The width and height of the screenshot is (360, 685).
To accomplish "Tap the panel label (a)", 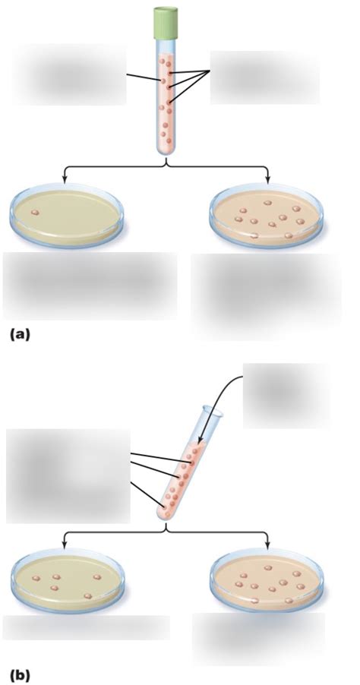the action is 19,335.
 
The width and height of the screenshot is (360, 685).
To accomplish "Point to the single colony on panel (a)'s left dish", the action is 36,213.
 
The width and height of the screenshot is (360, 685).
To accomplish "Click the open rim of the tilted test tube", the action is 213,410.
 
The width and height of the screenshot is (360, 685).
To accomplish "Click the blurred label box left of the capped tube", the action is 70,74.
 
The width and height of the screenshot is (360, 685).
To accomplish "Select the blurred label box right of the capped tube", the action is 265,77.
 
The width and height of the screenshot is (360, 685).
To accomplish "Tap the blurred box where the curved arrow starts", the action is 286,396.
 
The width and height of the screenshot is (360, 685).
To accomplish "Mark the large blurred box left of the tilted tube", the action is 68,475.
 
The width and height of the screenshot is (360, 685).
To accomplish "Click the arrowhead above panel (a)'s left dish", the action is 65,178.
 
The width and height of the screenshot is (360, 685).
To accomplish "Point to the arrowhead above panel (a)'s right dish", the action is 267,178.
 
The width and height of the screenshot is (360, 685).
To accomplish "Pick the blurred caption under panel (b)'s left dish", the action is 86,628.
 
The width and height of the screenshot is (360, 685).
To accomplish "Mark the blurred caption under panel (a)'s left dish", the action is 90,286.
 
